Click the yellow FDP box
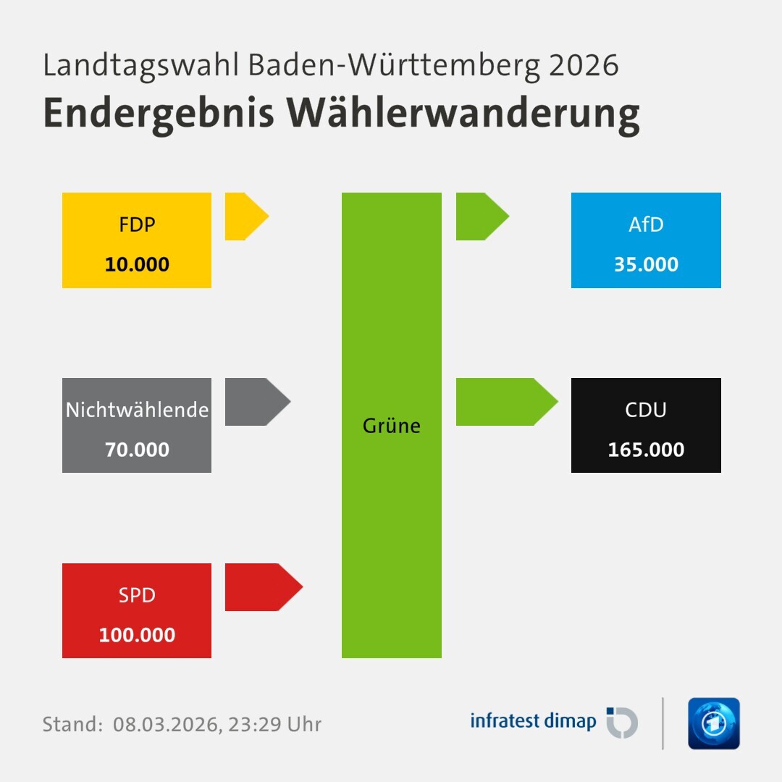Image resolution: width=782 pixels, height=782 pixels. pos(137,240)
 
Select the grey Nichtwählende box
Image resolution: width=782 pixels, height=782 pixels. pos(137,426)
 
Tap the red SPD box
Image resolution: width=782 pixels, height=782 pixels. pos(137,611)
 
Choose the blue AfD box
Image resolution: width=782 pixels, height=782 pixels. pos(646,240)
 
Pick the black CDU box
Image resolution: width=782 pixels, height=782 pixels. pos(646,426)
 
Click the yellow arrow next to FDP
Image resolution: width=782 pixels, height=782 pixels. pos(245,216)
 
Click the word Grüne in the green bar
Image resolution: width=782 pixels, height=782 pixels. pos(392,426)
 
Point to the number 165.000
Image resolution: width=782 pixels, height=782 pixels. pos(646,450)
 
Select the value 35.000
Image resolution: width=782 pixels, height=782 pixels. pos(646,264)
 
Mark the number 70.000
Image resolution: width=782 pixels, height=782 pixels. pos(137,450)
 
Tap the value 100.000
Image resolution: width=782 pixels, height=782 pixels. pos(137,635)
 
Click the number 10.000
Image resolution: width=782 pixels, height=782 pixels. pos(137,264)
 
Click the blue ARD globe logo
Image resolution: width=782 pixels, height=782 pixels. pos(713,723)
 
